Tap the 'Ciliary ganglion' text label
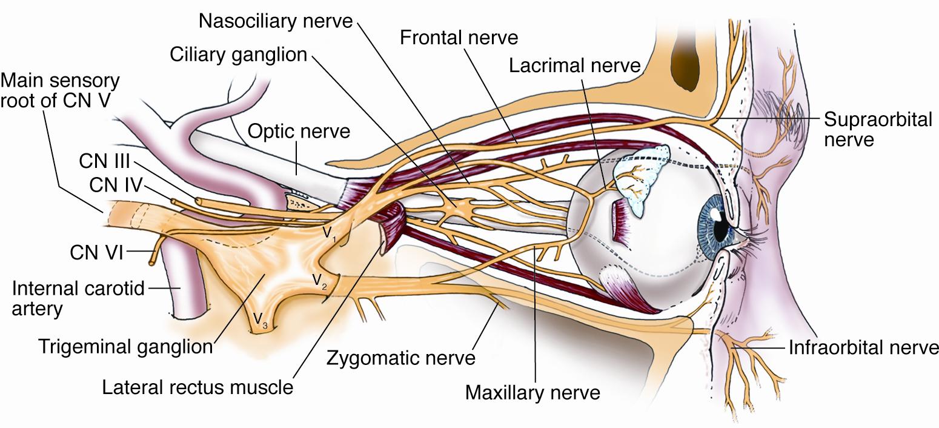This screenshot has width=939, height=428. pos(238,55)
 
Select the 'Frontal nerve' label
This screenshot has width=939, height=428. pos(459,38)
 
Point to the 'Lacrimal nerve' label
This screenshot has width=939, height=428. pos(574,65)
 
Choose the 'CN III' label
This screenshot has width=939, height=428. pos(104,162)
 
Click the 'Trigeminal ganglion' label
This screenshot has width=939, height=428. pos(125,347)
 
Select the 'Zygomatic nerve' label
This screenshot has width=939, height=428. pos(400,358)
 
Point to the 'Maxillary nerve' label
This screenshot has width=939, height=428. pos(533,393)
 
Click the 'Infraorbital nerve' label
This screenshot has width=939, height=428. pos(863,348)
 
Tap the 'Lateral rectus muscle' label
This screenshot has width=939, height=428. pos(197,387)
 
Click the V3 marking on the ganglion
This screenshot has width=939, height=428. pos(259,318)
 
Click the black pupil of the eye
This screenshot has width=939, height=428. pos(722,229)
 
